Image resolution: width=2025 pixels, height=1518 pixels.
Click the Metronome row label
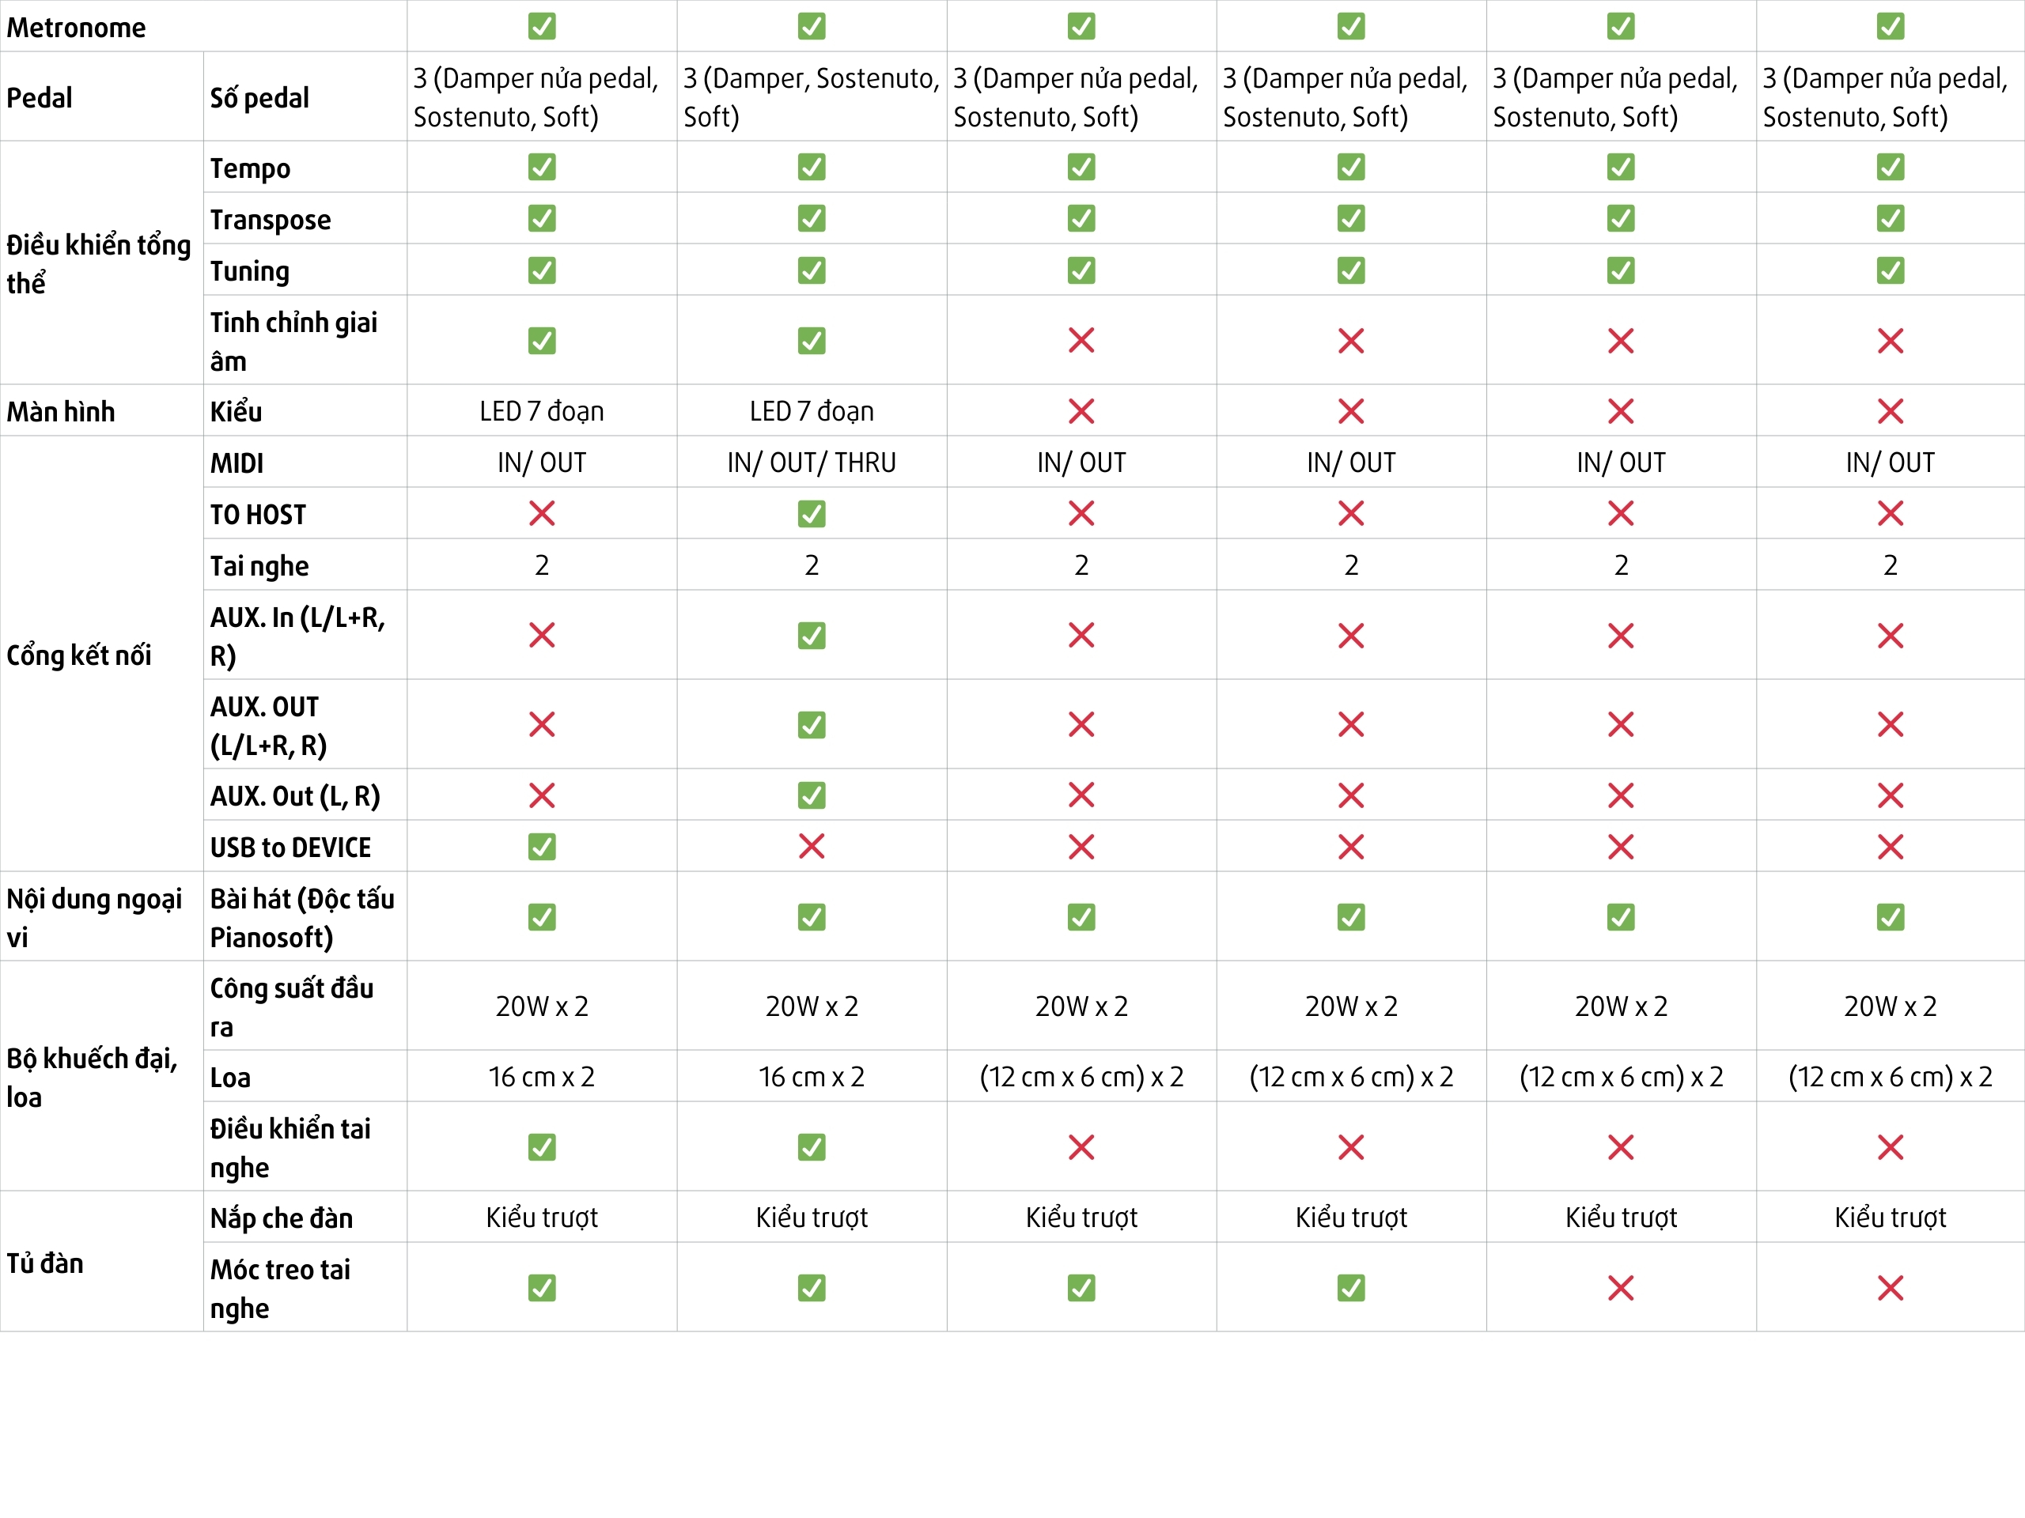tap(76, 28)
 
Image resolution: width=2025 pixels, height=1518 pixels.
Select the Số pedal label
tap(259, 97)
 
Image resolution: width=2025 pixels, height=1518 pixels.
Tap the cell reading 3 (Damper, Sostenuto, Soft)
tap(810, 97)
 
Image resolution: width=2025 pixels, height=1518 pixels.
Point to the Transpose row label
tap(270, 220)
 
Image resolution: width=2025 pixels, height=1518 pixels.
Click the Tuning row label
tap(249, 271)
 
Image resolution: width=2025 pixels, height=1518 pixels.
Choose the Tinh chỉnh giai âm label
tap(293, 341)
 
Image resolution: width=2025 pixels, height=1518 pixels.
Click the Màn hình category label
tap(60, 412)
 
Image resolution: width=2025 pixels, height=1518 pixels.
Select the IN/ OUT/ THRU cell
tap(811, 463)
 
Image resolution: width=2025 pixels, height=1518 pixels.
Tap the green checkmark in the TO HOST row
tap(811, 514)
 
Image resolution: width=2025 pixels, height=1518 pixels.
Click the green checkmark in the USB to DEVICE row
tap(542, 848)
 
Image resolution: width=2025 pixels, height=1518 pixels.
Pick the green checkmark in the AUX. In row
tap(811, 636)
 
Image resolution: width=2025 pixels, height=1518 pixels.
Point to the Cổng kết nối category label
tap(79, 655)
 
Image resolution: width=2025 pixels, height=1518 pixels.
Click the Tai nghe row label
tap(259, 565)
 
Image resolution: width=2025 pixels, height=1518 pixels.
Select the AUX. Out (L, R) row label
tap(295, 796)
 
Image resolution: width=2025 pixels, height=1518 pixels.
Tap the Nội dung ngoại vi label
tap(93, 917)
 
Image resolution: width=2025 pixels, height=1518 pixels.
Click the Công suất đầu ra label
tap(291, 1006)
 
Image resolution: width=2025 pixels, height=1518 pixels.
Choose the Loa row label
tap(229, 1077)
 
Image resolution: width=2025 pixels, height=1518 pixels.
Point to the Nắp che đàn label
tap(281, 1218)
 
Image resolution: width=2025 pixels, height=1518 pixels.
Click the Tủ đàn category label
tap(45, 1263)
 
